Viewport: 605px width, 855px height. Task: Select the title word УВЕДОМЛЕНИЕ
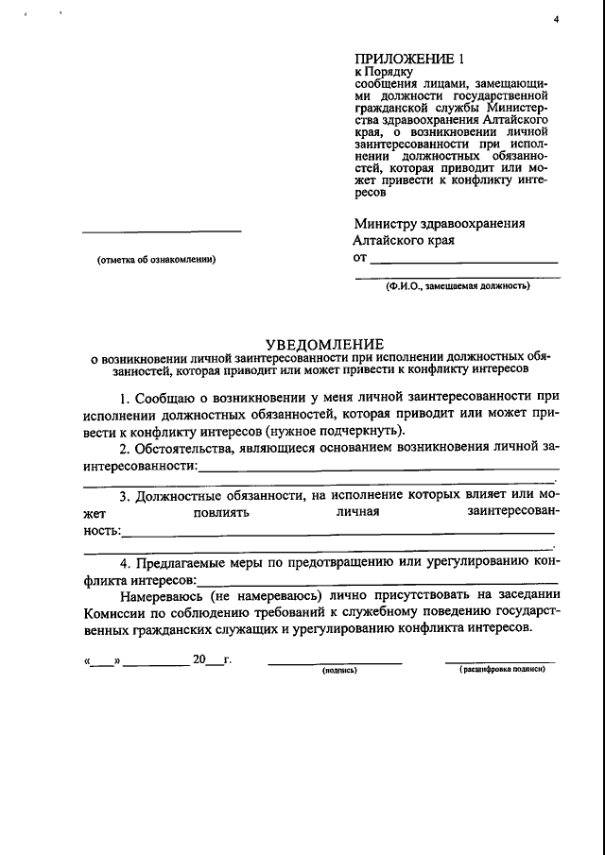pyautogui.click(x=323, y=343)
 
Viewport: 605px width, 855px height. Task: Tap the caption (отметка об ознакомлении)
pyautogui.click(x=157, y=260)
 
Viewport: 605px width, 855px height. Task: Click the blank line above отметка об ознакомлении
pyautogui.click(x=161, y=231)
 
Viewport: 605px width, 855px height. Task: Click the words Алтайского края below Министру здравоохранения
pyautogui.click(x=404, y=240)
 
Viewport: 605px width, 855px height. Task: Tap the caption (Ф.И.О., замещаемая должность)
pyautogui.click(x=458, y=285)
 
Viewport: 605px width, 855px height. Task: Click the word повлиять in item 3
pyautogui.click(x=220, y=512)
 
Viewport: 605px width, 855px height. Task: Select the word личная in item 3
pyautogui.click(x=357, y=512)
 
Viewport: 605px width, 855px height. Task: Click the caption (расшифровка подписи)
pyautogui.click(x=502, y=669)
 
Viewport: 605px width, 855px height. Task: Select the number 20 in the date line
pyautogui.click(x=199, y=659)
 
